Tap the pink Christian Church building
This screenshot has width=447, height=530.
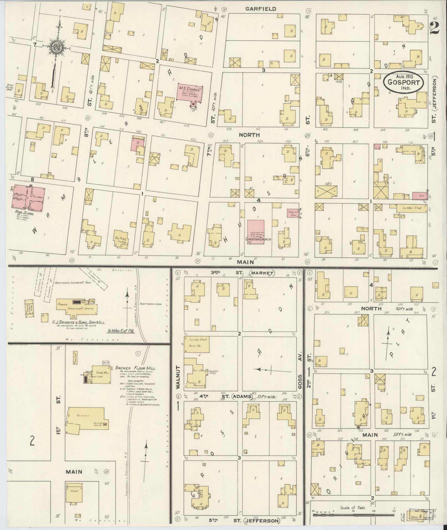pyautogui.click(x=256, y=232)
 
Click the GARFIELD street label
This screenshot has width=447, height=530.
pyautogui.click(x=260, y=9)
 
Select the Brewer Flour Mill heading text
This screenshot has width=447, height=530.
pyautogui.click(x=136, y=368)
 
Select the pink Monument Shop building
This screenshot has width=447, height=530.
pyautogui.click(x=293, y=213)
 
